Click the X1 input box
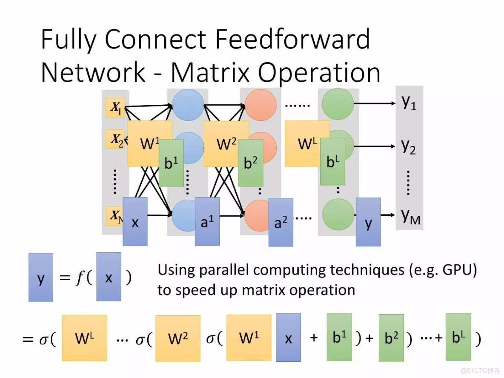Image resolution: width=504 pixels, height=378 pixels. click(115, 109)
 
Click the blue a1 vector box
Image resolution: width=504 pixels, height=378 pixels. click(207, 221)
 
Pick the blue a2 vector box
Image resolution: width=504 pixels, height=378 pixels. click(281, 222)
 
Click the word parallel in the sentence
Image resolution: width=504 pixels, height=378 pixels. click(223, 271)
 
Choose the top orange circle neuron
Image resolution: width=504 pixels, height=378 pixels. click(259, 106)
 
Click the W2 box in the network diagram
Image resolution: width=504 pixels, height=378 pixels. click(226, 143)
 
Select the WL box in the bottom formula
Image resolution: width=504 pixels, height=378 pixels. click(84, 338)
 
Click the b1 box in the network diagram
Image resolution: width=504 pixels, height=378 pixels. click(171, 163)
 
